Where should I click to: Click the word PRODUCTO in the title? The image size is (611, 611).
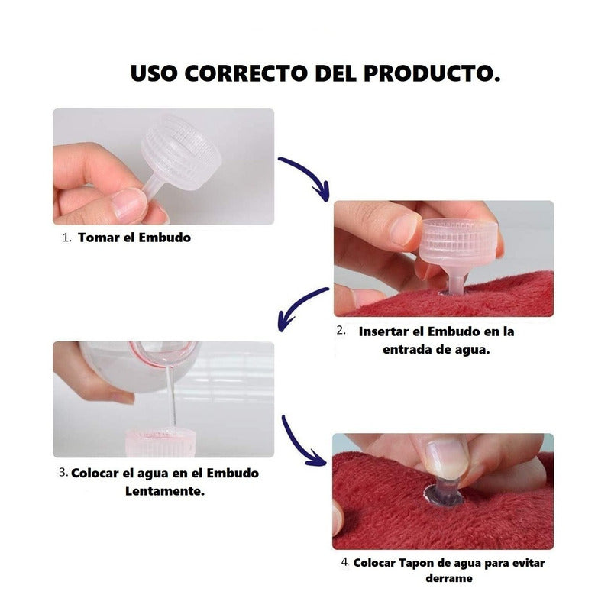point(432,73)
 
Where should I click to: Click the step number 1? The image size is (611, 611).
point(66,238)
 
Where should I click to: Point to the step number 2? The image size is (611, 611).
point(341,331)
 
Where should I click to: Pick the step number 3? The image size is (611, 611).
point(63,472)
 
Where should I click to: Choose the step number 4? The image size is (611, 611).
point(344,562)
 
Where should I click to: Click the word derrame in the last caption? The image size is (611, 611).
point(449,578)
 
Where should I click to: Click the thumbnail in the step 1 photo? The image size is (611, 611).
point(128,203)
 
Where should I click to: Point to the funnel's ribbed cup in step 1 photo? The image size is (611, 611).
point(181,152)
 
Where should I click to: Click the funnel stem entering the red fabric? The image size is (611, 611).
point(455,283)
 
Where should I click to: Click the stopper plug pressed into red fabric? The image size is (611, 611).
point(445,493)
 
